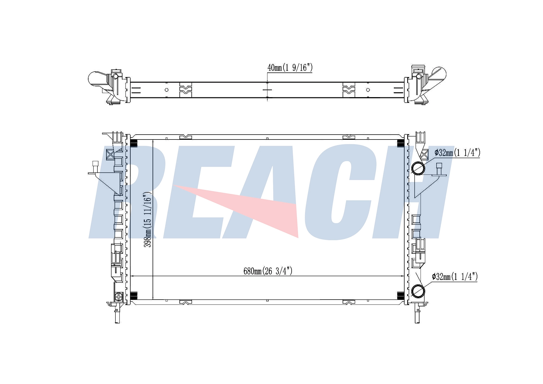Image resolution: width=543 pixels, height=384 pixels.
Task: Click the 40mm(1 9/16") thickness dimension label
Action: coord(290,68)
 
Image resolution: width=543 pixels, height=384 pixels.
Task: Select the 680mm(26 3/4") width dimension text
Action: coord(268,271)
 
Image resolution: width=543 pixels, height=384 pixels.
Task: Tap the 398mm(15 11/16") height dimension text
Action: coord(147,220)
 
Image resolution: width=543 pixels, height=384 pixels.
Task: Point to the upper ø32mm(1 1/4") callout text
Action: coord(457,153)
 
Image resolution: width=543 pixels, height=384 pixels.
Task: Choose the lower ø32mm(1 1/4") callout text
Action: coord(455,277)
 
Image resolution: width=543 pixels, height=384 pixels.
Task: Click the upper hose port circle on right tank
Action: coord(418,168)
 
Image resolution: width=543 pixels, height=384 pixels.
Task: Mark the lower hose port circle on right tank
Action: coord(418,291)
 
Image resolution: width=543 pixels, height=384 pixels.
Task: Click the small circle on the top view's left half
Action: coord(167,90)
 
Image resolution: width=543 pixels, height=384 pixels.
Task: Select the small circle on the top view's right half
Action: coord(368,90)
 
